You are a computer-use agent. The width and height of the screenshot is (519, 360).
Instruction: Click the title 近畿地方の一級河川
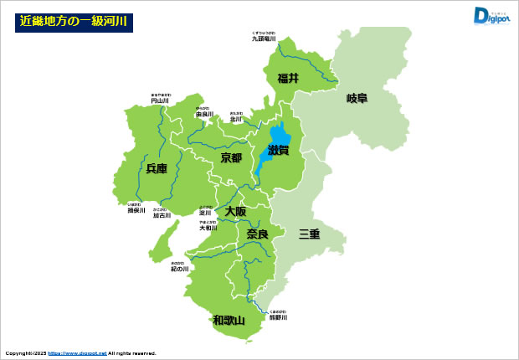[x=73, y=22]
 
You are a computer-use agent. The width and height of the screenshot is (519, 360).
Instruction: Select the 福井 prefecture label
[x=289, y=78]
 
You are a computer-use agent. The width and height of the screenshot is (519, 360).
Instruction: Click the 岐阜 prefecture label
[x=357, y=98]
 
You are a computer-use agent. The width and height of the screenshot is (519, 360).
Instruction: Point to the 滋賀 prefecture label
[x=278, y=150]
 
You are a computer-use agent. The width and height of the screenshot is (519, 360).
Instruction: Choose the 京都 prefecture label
[x=231, y=157]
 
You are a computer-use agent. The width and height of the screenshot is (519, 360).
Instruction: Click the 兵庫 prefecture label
[x=157, y=168]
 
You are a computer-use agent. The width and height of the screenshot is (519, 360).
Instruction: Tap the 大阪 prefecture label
[x=235, y=212]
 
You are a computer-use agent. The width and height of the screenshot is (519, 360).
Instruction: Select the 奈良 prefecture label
[x=256, y=234]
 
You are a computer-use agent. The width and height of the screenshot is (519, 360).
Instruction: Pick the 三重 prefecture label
[x=310, y=234]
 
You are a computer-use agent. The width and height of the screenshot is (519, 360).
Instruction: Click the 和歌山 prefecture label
[x=228, y=320]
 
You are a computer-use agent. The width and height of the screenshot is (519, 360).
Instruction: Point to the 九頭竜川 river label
[x=264, y=39]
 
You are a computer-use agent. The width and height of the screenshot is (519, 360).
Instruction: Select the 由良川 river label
[x=204, y=115]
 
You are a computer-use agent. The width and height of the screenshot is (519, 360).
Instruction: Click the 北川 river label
[x=235, y=119]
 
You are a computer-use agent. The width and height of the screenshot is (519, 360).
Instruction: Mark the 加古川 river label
[x=161, y=215]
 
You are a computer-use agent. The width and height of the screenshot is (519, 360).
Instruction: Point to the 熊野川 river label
[x=279, y=317]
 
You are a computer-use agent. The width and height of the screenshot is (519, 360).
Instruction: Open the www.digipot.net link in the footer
[x=77, y=353]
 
